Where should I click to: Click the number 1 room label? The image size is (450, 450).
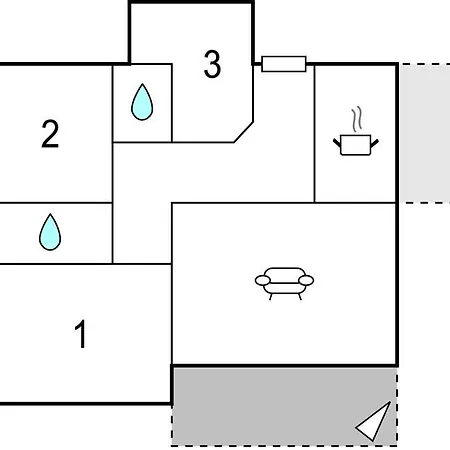pyautogui.click(x=80, y=334)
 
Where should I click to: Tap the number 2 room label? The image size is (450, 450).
pyautogui.click(x=50, y=134)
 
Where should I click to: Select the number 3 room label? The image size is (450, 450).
pyautogui.click(x=212, y=64)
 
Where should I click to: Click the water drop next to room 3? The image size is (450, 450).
pyautogui.click(x=142, y=102)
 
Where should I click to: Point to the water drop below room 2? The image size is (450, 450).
pyautogui.click(x=50, y=232)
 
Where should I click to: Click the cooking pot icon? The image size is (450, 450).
pyautogui.click(x=356, y=145)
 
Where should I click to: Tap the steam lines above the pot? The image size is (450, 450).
pyautogui.click(x=357, y=119)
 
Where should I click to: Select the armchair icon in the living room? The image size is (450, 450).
pyautogui.click(x=284, y=284)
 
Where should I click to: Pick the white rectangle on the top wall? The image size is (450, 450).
pyautogui.click(x=284, y=64)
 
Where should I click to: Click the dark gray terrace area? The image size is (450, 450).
pyautogui.click(x=284, y=406)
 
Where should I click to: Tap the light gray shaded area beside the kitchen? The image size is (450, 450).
pyautogui.click(x=425, y=133)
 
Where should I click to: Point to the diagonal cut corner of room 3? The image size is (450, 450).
pyautogui.click(x=244, y=132)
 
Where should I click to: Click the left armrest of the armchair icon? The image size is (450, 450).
pyautogui.click(x=263, y=280)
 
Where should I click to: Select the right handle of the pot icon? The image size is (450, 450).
pyautogui.click(x=375, y=143)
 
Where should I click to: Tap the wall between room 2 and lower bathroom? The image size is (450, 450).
pyautogui.click(x=56, y=202)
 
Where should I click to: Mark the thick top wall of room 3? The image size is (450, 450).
pyautogui.click(x=191, y=2)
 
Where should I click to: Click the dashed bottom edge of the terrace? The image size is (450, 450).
pyautogui.click(x=284, y=445)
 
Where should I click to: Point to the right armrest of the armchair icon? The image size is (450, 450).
pyautogui.click(x=306, y=280)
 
